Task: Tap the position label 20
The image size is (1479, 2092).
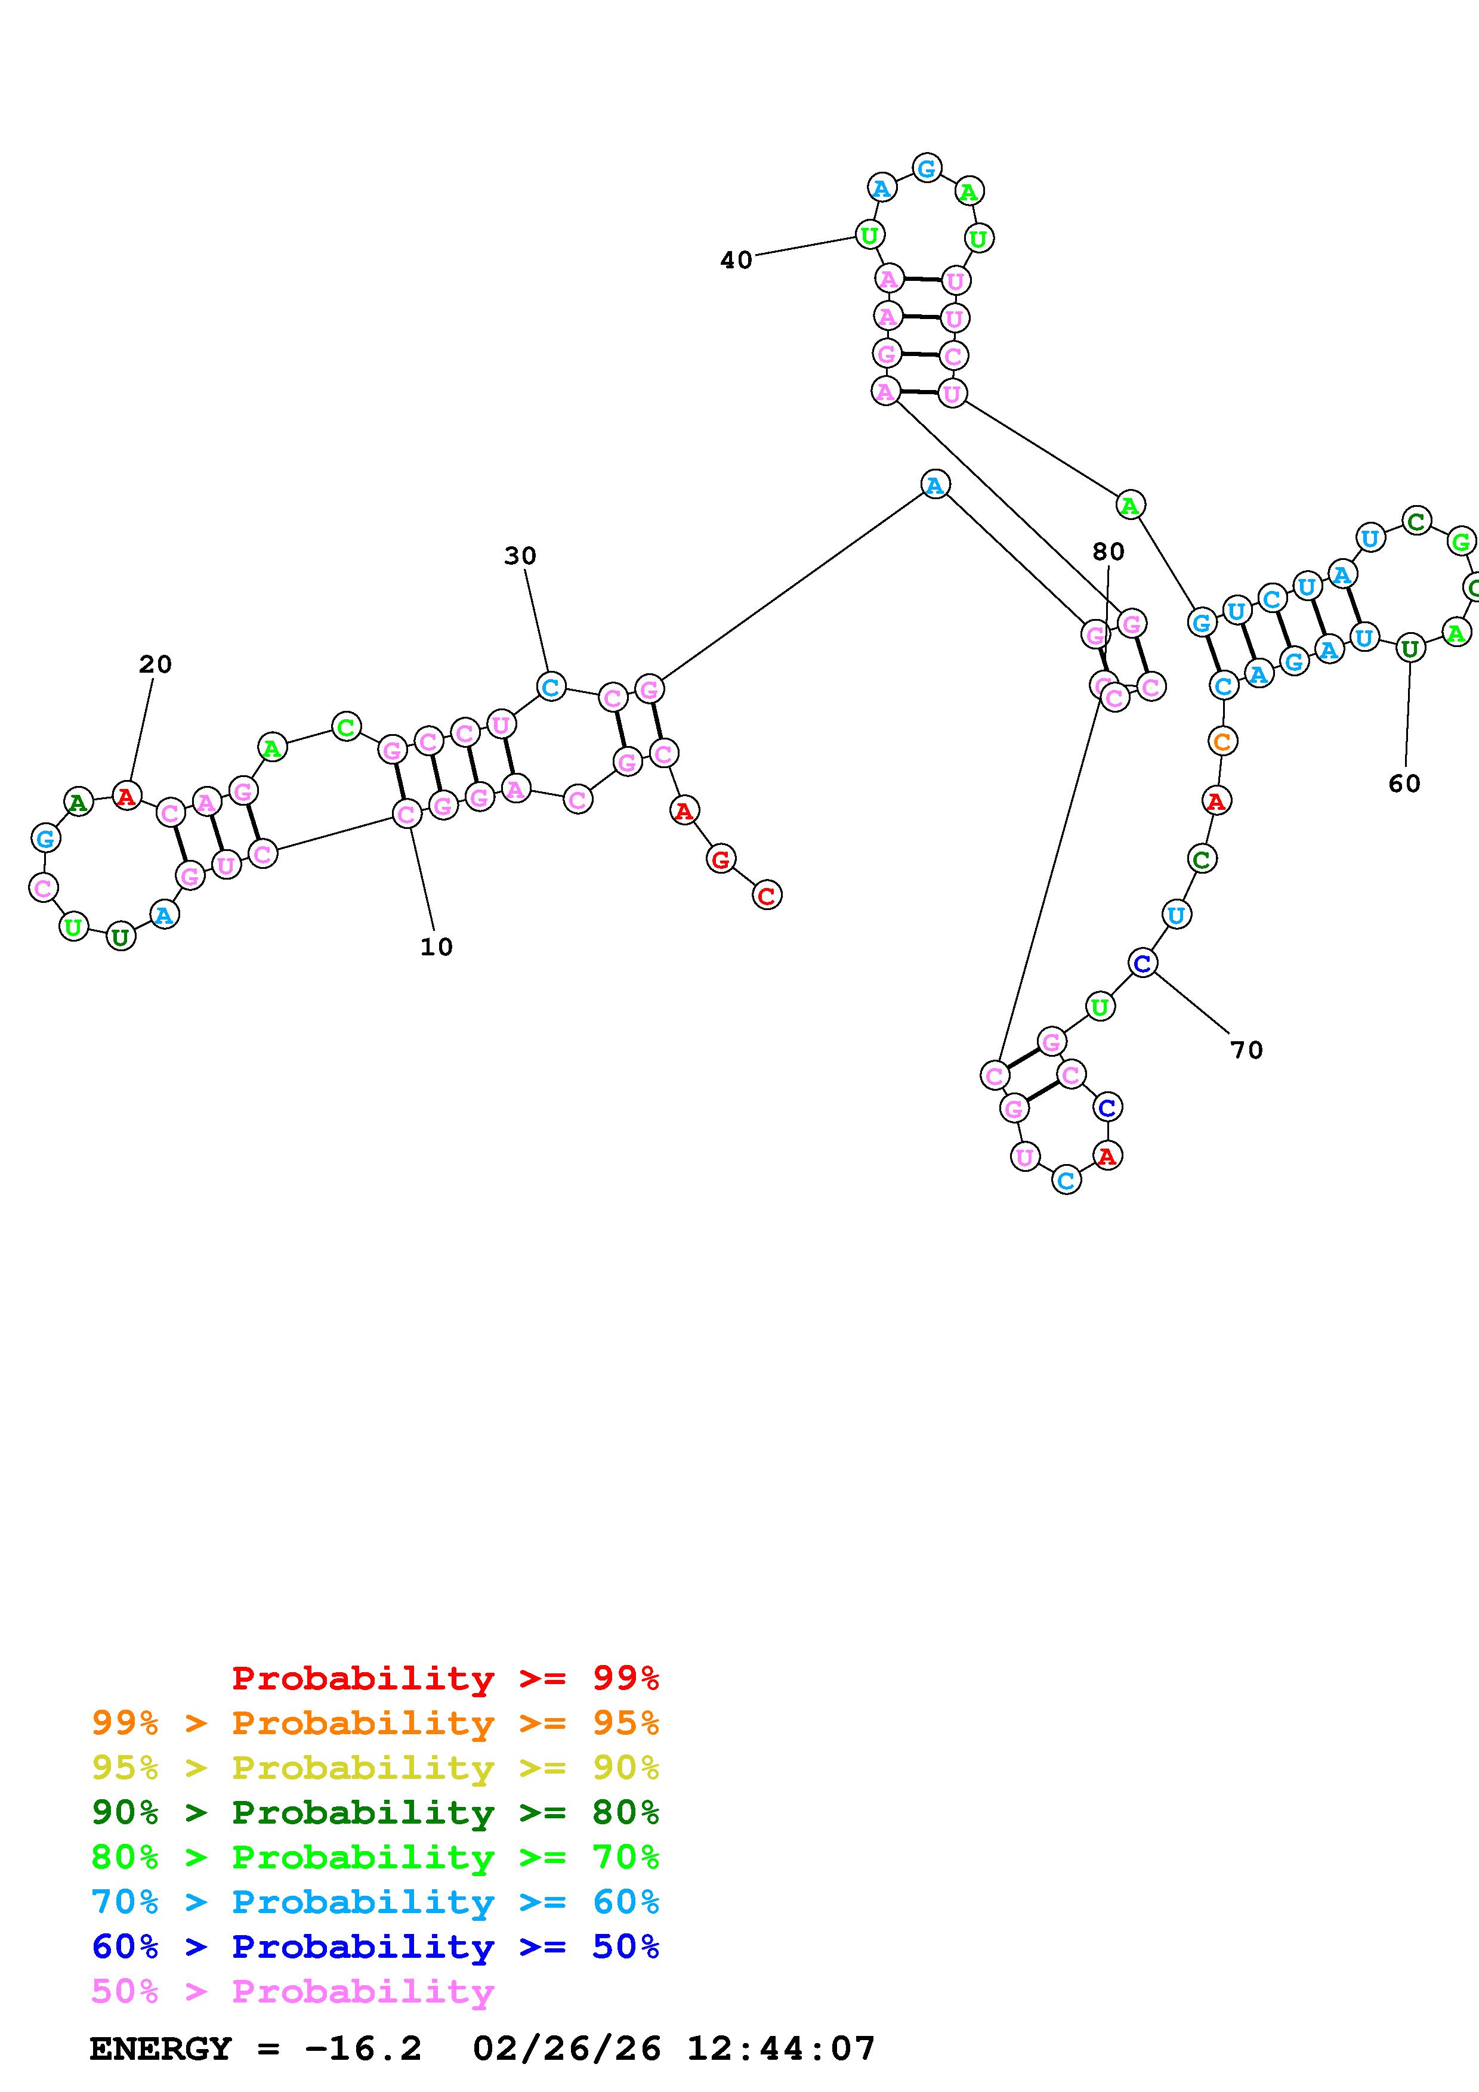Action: (155, 664)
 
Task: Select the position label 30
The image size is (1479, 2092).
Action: (520, 556)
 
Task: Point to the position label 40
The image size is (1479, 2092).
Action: (736, 261)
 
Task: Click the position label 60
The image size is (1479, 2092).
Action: (1404, 784)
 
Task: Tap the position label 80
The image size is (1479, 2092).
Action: (1108, 551)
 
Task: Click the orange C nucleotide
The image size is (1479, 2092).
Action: (1222, 742)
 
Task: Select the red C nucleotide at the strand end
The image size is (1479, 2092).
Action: (767, 896)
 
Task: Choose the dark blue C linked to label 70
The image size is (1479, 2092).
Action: (1143, 962)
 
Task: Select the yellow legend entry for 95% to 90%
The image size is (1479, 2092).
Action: (375, 1768)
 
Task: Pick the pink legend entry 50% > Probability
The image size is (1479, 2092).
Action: (292, 1992)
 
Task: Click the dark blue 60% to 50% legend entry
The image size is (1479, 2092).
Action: (375, 1947)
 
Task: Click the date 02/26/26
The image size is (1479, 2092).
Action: (567, 2049)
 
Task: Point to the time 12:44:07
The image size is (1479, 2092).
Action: (781, 2049)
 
